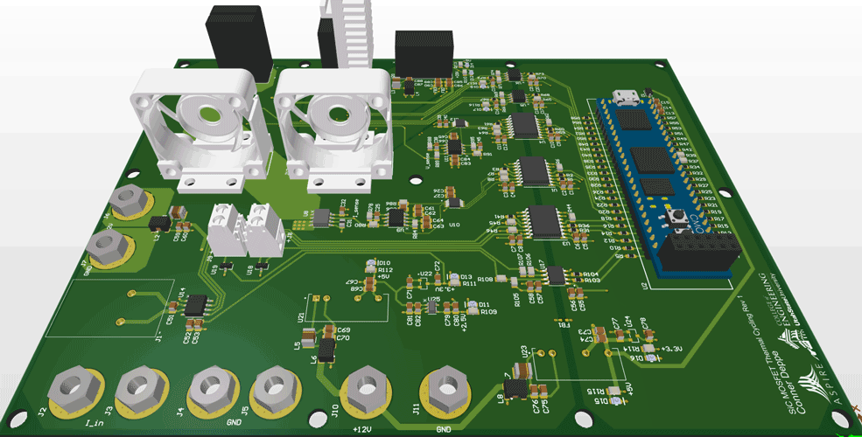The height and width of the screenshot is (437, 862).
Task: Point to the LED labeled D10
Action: (x=372, y=262)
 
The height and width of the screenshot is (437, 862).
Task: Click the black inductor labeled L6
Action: (x=326, y=350)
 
